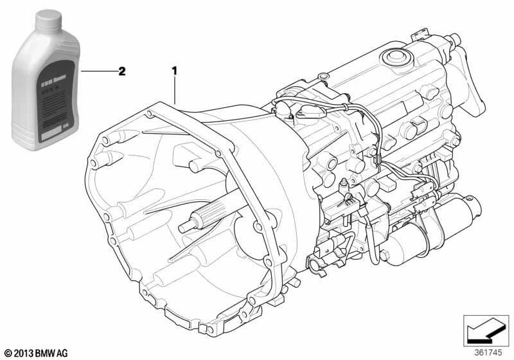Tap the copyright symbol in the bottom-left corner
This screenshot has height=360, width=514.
[x=9, y=353]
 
